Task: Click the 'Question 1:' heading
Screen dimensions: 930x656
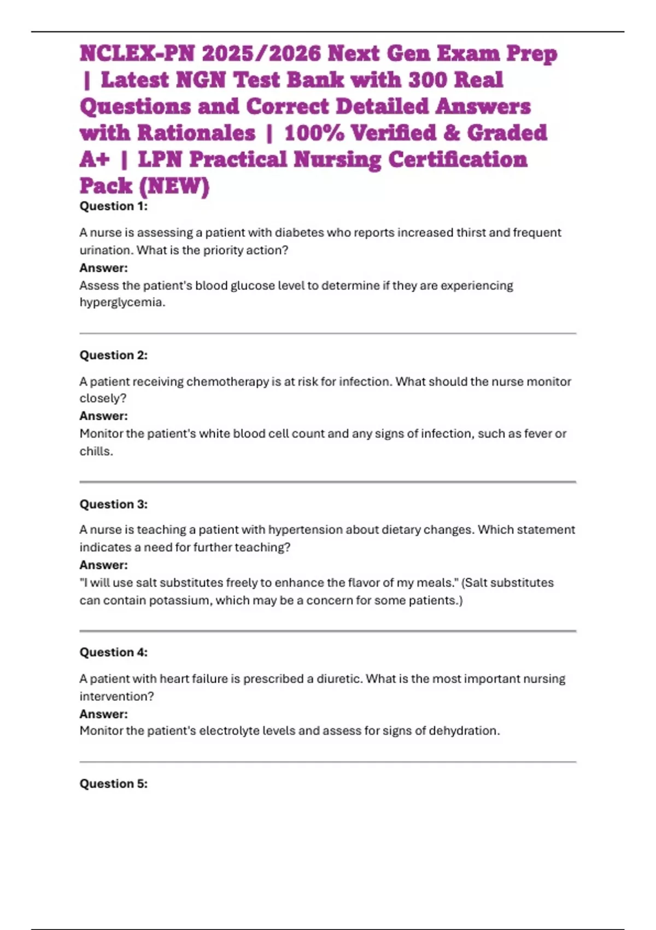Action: click(113, 206)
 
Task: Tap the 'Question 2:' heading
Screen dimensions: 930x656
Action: click(113, 355)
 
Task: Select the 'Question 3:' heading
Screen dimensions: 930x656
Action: click(113, 504)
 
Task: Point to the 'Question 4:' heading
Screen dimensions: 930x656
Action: click(113, 652)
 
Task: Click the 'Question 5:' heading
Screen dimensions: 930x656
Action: click(113, 783)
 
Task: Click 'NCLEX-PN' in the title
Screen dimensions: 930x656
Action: click(137, 54)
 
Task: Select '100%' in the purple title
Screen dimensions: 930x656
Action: click(314, 133)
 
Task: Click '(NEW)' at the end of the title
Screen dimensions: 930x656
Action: click(174, 186)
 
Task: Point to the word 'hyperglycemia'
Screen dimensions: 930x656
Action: click(121, 303)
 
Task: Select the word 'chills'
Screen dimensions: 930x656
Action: click(95, 451)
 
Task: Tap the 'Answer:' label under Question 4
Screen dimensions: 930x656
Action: click(103, 714)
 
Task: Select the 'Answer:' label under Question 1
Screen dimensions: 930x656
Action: click(103, 268)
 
